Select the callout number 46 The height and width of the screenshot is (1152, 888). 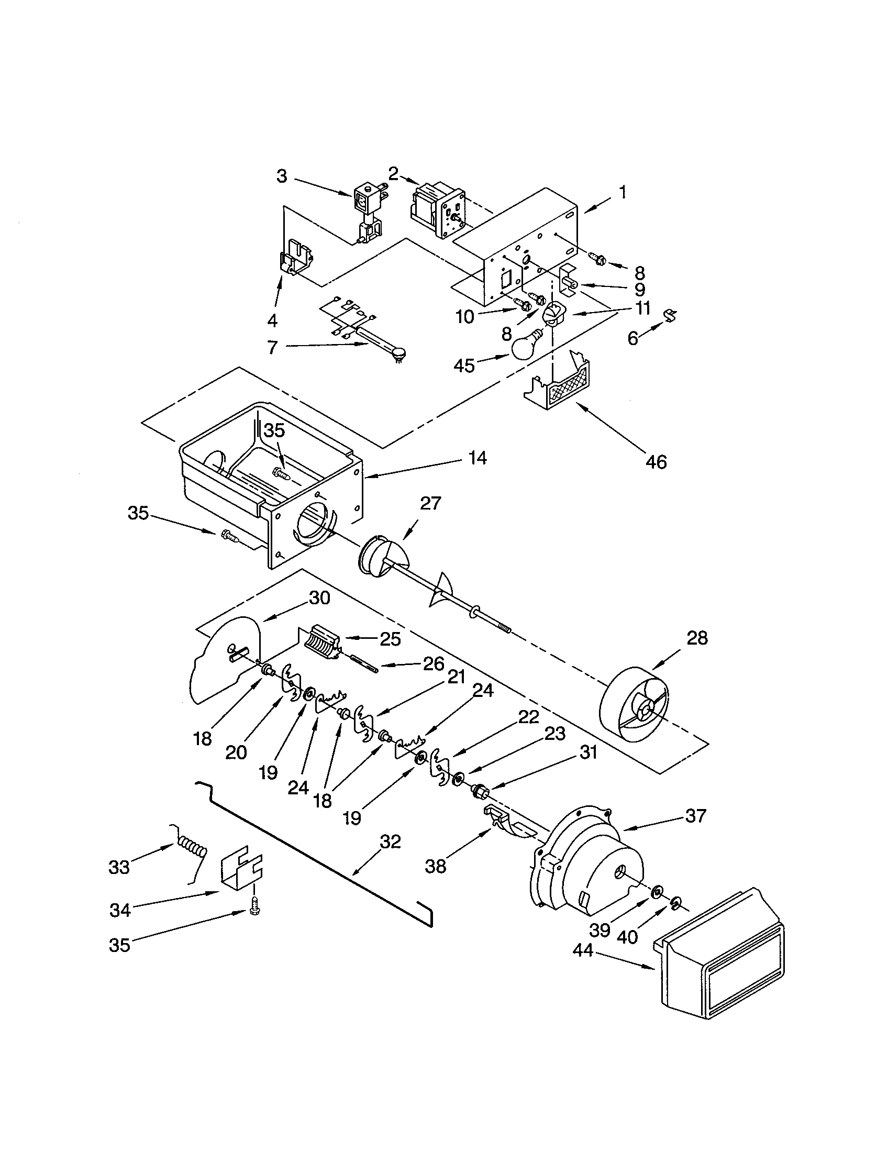[x=656, y=461]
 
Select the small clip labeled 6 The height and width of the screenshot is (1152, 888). [x=670, y=315]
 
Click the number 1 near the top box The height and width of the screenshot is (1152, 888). [x=622, y=193]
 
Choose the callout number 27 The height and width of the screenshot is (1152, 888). [x=430, y=503]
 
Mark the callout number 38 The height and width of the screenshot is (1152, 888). [x=435, y=866]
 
